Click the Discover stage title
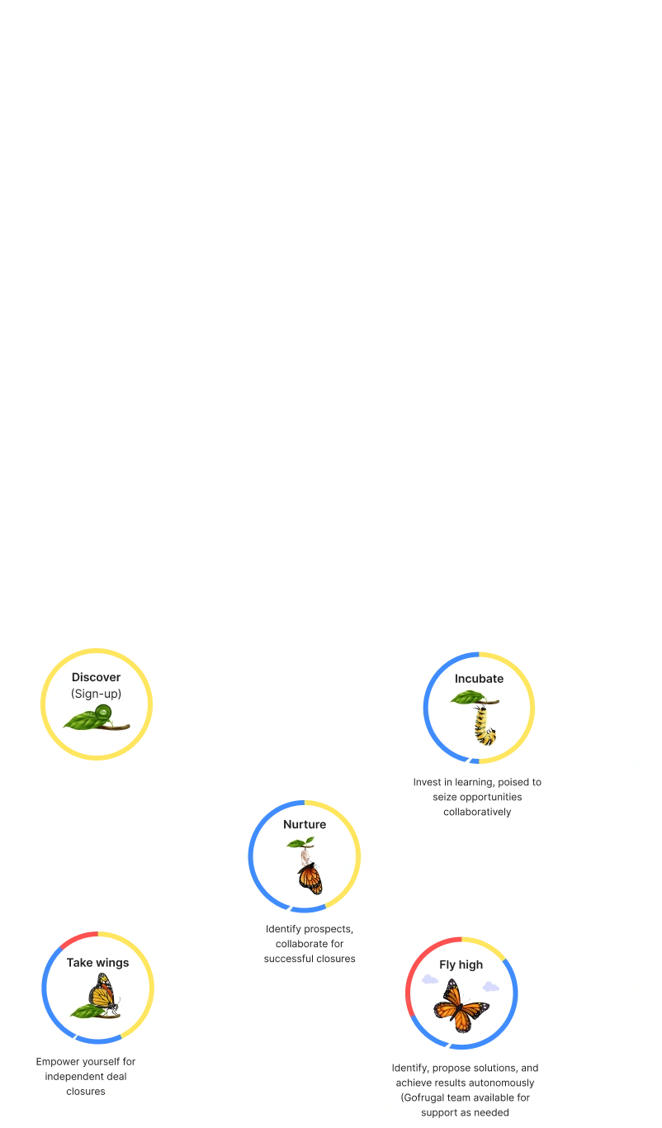point(96,678)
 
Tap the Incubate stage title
point(479,679)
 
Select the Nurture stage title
point(305,824)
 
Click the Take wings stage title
point(97,962)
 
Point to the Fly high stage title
point(461,964)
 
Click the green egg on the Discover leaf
point(103,712)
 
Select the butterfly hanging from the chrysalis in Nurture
point(310,877)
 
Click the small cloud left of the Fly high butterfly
point(430,980)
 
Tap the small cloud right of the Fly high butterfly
point(490,986)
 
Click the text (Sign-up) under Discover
point(96,694)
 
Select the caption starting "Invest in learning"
point(478,796)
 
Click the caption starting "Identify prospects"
point(310,944)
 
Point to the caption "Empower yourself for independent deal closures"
point(86,1077)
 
